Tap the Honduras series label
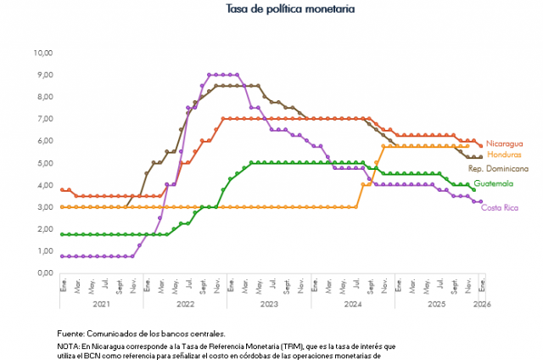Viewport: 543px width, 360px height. coord(506,155)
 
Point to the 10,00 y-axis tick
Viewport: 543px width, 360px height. coord(42,53)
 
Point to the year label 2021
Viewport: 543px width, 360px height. coord(101,303)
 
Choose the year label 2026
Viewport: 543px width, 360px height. coord(481,303)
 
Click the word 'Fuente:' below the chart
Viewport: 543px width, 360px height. coord(71,334)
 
